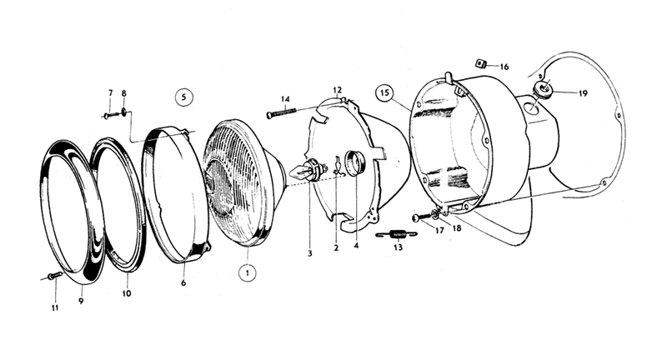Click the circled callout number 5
tap(183, 97)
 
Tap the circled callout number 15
tap(384, 93)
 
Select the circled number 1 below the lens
tap(247, 272)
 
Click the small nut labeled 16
tap(481, 64)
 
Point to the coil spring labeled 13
tap(398, 234)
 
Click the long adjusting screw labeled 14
tap(281, 112)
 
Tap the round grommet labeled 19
tap(541, 89)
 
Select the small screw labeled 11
tap(55, 276)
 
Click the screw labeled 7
tap(110, 114)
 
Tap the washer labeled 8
tap(123, 112)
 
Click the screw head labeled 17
tap(415, 218)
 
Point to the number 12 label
tap(337, 90)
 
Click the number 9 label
tap(81, 301)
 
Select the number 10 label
tap(127, 293)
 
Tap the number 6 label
tap(183, 282)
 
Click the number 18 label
tap(456, 228)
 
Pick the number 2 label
tap(336, 247)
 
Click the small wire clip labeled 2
tap(338, 166)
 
